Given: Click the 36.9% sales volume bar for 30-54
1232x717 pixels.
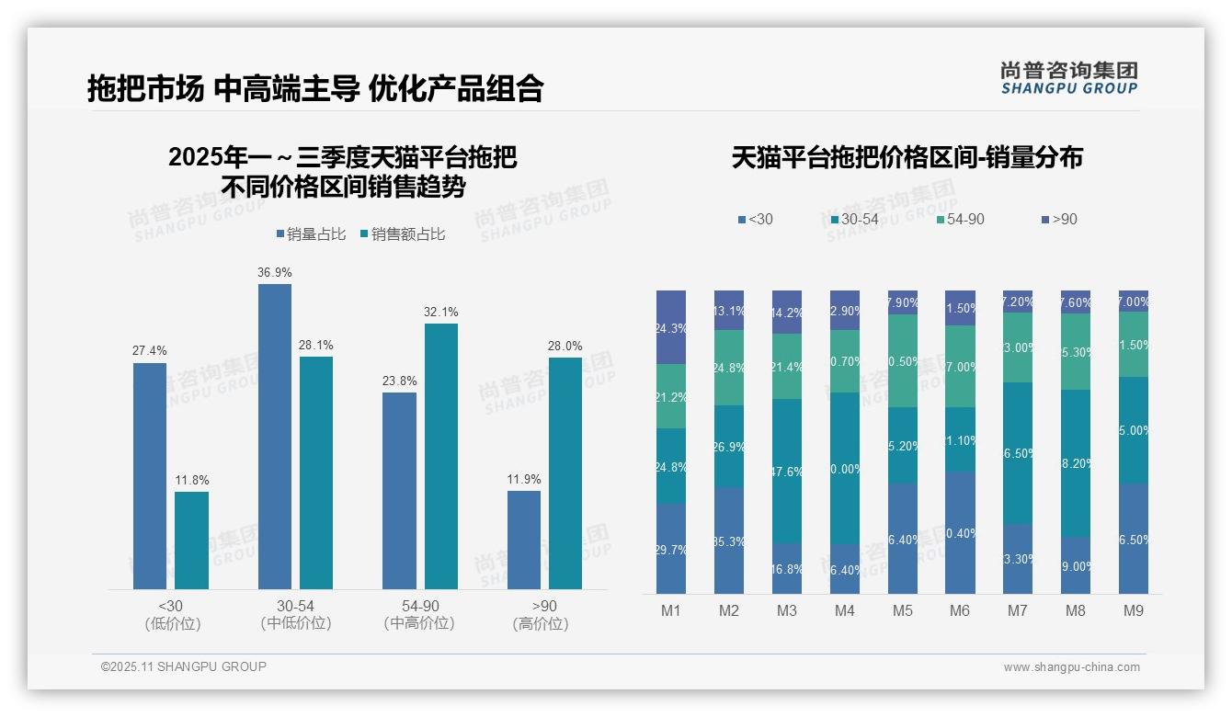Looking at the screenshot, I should point(274,437).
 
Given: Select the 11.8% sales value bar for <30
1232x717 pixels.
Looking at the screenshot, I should point(191,541).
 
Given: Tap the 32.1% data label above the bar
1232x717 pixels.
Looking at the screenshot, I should point(441,313).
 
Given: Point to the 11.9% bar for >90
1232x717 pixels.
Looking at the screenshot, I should point(524,541).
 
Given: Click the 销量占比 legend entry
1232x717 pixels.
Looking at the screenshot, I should point(311,234).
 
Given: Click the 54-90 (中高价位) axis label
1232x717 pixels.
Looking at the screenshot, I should point(419,615).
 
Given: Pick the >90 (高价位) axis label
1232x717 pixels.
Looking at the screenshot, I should point(544,615).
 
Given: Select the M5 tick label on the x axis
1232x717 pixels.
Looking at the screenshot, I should point(902,611).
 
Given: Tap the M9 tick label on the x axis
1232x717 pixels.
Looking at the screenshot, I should point(1133,611).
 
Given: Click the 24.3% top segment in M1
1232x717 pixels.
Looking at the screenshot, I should point(671,327).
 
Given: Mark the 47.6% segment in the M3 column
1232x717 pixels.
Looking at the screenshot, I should point(787,471).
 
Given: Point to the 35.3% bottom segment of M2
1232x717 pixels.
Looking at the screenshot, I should point(729,541).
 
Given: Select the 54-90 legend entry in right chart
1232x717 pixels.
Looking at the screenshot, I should point(960,219).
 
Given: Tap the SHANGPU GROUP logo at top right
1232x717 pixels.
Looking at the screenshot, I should point(1068,78).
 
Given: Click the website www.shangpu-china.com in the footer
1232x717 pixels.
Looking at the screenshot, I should point(1071,667).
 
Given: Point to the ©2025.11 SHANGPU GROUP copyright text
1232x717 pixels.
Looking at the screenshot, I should point(184,666).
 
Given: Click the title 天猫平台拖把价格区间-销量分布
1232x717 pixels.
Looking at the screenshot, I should point(907,157).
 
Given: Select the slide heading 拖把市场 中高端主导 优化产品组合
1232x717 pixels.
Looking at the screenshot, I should point(315,88).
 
